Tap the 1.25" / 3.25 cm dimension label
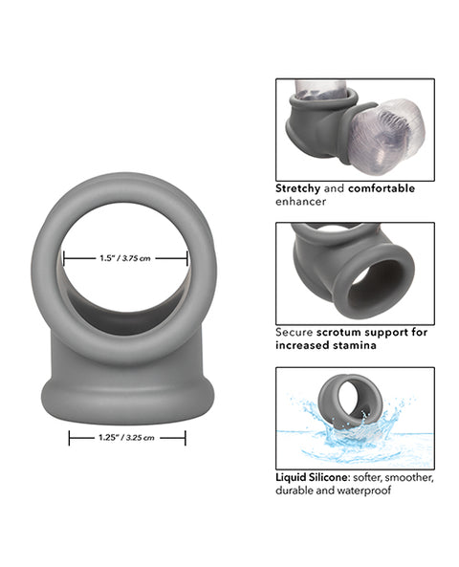pos(127,438)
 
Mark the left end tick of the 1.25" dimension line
pos(69,438)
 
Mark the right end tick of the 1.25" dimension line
pos(186,438)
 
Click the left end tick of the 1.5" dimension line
pos(64,257)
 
